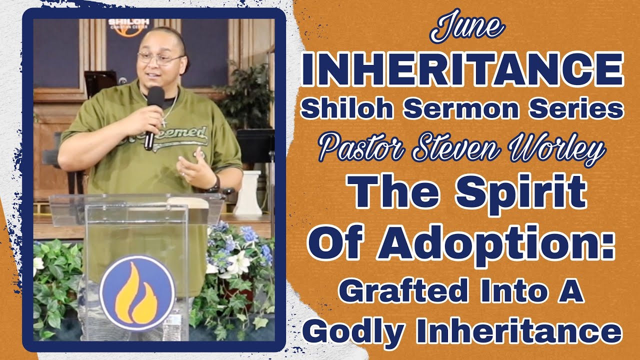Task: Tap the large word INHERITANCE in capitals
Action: pyautogui.click(x=462, y=69)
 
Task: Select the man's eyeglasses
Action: pyautogui.click(x=159, y=58)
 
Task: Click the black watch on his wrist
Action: pyautogui.click(x=215, y=184)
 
